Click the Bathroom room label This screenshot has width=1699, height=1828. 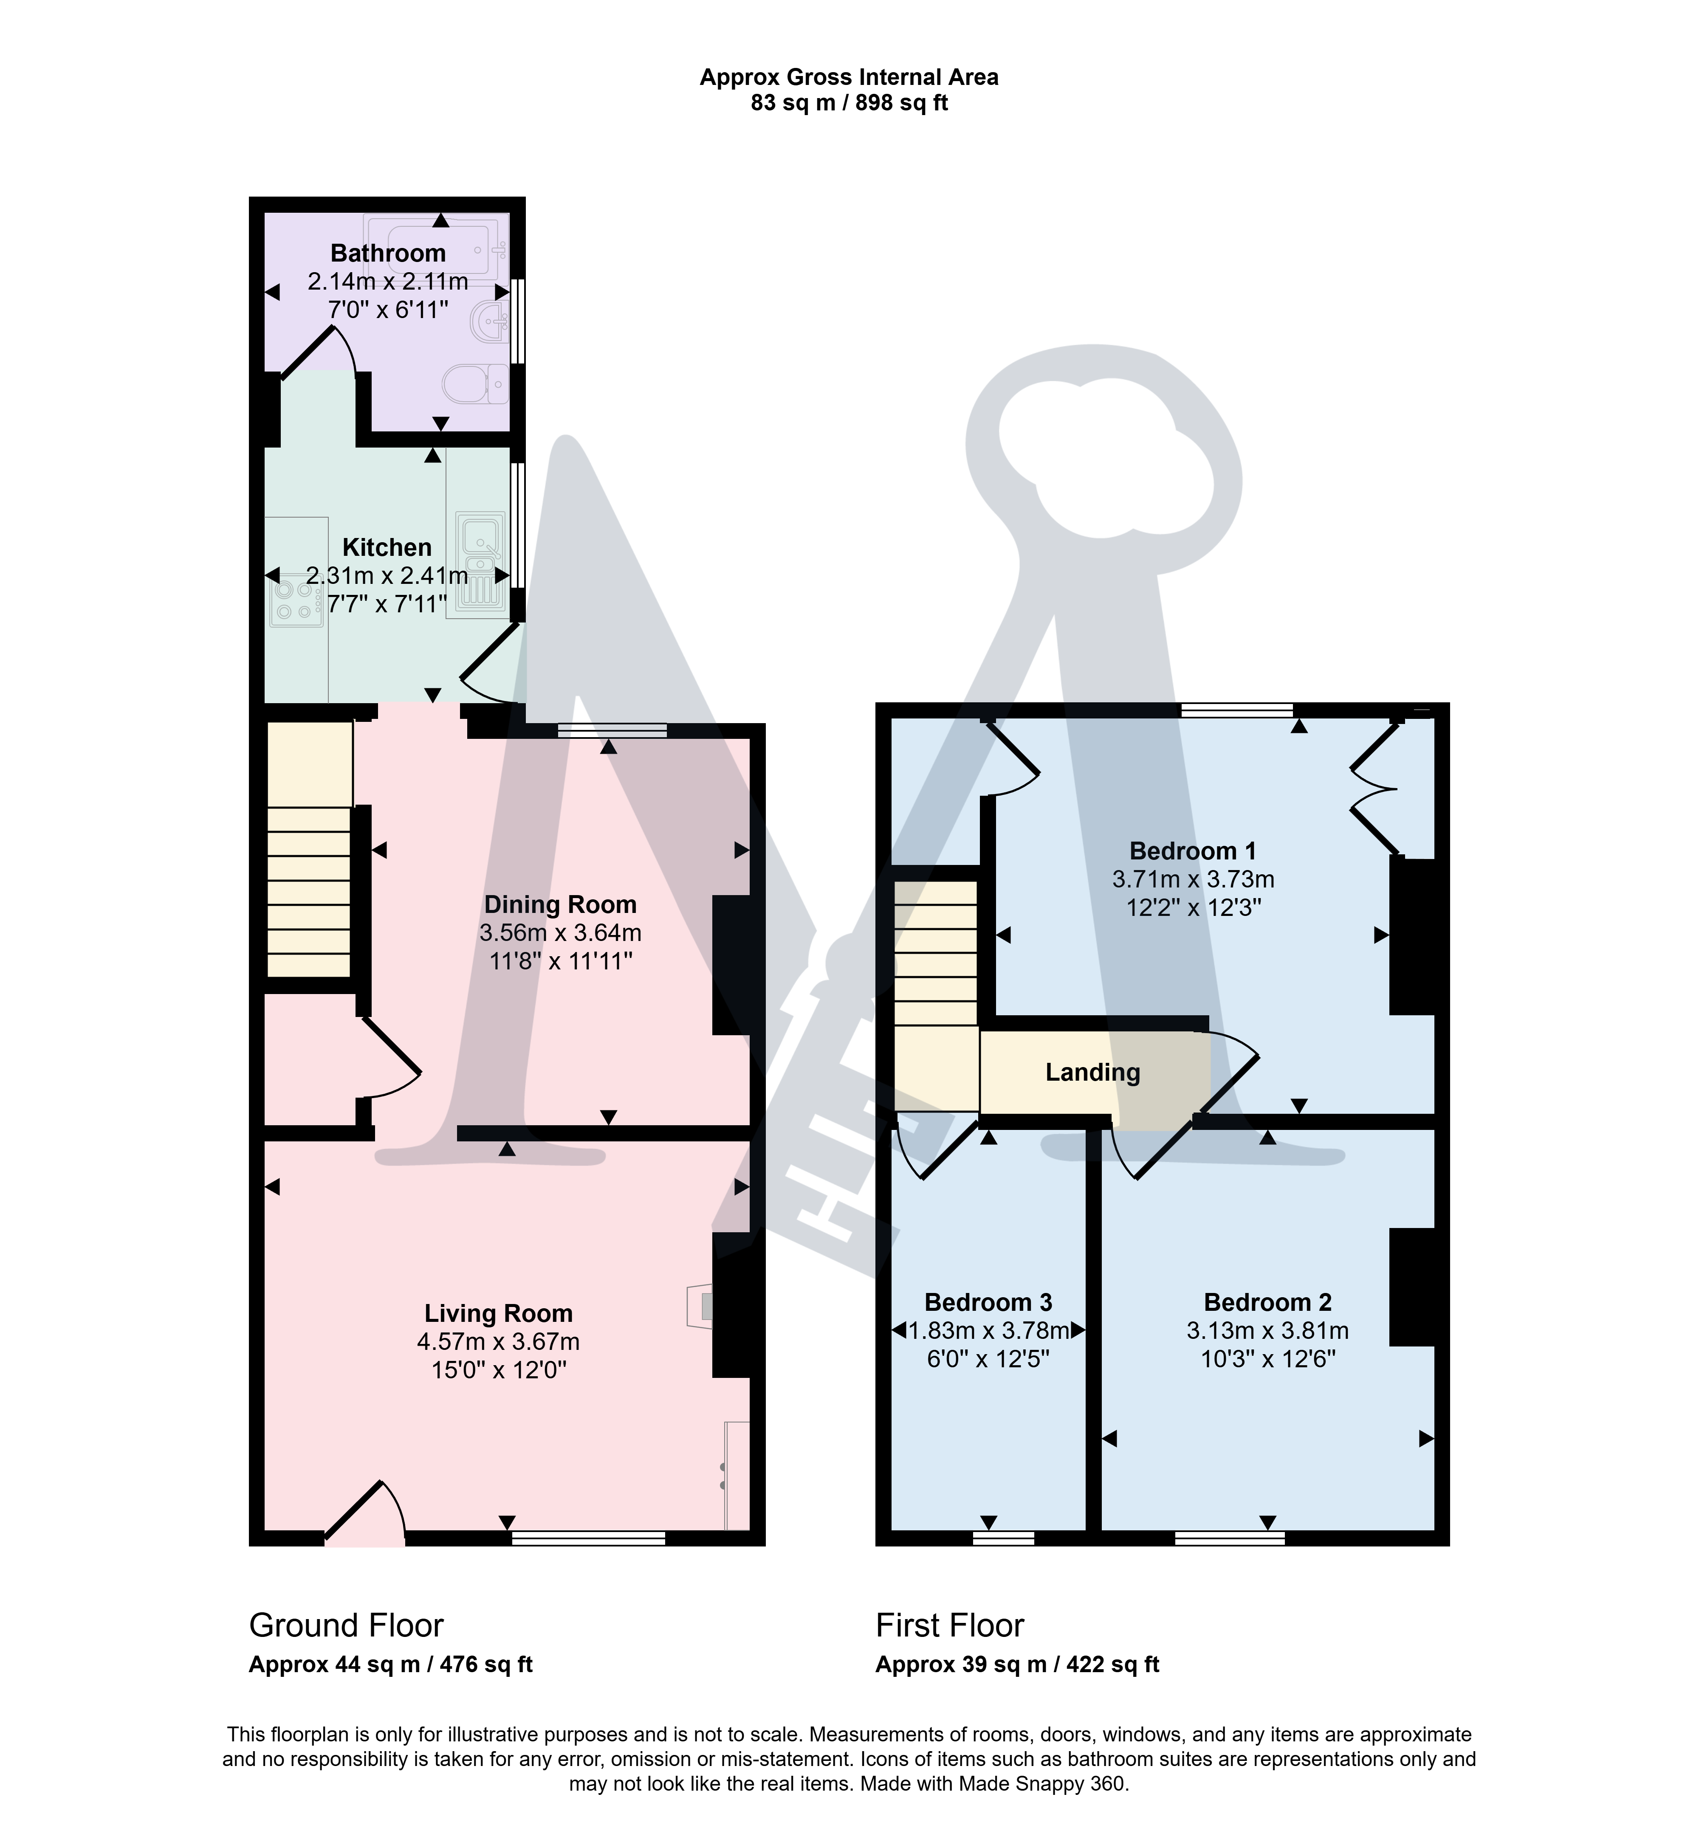388,253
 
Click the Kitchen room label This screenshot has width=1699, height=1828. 387,548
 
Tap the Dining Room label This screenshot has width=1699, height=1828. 561,904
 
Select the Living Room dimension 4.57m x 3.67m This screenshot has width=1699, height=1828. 498,1342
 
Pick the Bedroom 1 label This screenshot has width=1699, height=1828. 1194,851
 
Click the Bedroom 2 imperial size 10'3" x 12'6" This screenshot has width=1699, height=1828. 1268,1358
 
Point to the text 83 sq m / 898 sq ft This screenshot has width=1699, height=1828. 849,103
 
